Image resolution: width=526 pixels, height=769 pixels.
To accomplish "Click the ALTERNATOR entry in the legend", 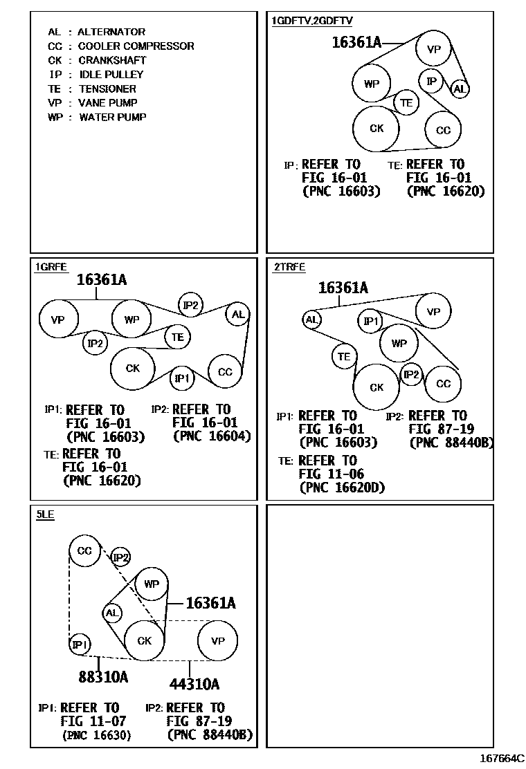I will click(96, 32).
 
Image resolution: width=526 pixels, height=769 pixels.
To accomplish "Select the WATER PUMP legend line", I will click(97, 118).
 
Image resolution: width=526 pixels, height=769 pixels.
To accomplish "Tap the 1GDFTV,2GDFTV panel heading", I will click(311, 21).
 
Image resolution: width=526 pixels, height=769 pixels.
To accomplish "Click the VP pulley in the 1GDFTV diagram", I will click(434, 49).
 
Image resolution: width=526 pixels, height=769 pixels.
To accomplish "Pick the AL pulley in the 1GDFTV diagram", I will click(460, 89).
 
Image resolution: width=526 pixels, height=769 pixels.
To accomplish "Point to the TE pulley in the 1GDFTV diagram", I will click(406, 103).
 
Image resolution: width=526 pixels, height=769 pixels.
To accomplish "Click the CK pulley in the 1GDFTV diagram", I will click(377, 128).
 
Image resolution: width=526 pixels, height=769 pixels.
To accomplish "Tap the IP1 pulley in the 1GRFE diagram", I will click(181, 378).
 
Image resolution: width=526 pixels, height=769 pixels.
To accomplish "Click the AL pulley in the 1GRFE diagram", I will click(238, 315).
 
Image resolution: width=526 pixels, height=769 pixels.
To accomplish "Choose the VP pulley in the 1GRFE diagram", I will click(57, 319).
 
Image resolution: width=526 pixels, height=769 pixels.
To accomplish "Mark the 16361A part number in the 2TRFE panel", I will click(343, 288).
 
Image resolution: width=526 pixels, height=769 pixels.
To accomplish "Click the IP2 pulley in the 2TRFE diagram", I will click(411, 375).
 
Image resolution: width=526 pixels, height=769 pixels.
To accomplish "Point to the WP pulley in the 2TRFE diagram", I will click(399, 343).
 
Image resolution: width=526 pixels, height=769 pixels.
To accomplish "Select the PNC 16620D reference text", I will click(342, 488).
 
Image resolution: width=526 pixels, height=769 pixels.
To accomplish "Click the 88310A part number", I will click(103, 677).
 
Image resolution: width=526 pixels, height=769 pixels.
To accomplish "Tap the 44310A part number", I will click(194, 684).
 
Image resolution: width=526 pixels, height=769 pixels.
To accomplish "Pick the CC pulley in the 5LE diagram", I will click(84, 551).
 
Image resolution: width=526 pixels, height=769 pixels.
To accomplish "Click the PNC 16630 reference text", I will click(96, 735).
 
